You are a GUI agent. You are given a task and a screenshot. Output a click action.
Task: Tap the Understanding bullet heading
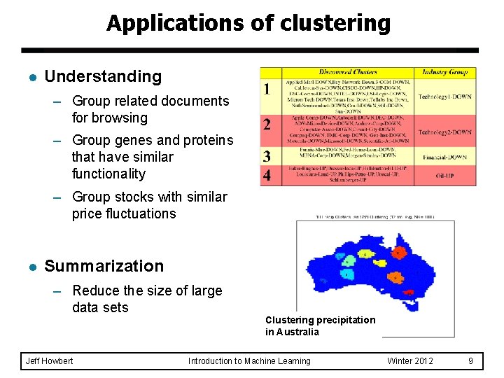click(103, 76)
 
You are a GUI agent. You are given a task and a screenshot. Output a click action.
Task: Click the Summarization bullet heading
click(104, 266)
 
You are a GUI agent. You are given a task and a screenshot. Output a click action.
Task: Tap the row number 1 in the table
click(267, 90)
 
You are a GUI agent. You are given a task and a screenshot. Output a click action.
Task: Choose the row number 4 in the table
click(267, 175)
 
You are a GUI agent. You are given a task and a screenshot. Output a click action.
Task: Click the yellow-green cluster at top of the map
click(365, 253)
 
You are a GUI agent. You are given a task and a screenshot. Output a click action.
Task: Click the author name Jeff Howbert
click(48, 361)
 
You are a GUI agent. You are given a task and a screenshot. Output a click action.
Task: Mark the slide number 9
click(470, 361)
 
